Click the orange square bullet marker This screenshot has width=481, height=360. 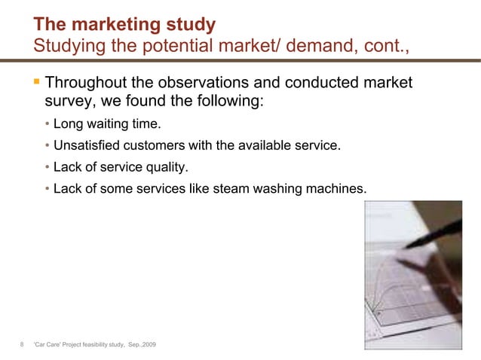[36, 81]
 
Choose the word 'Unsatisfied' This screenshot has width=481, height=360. [85, 145]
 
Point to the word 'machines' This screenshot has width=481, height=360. [339, 188]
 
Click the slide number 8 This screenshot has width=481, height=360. [22, 345]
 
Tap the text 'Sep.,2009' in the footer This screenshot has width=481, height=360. [144, 345]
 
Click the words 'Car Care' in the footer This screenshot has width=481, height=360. [51, 345]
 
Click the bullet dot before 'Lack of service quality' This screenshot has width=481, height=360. [47, 167]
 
